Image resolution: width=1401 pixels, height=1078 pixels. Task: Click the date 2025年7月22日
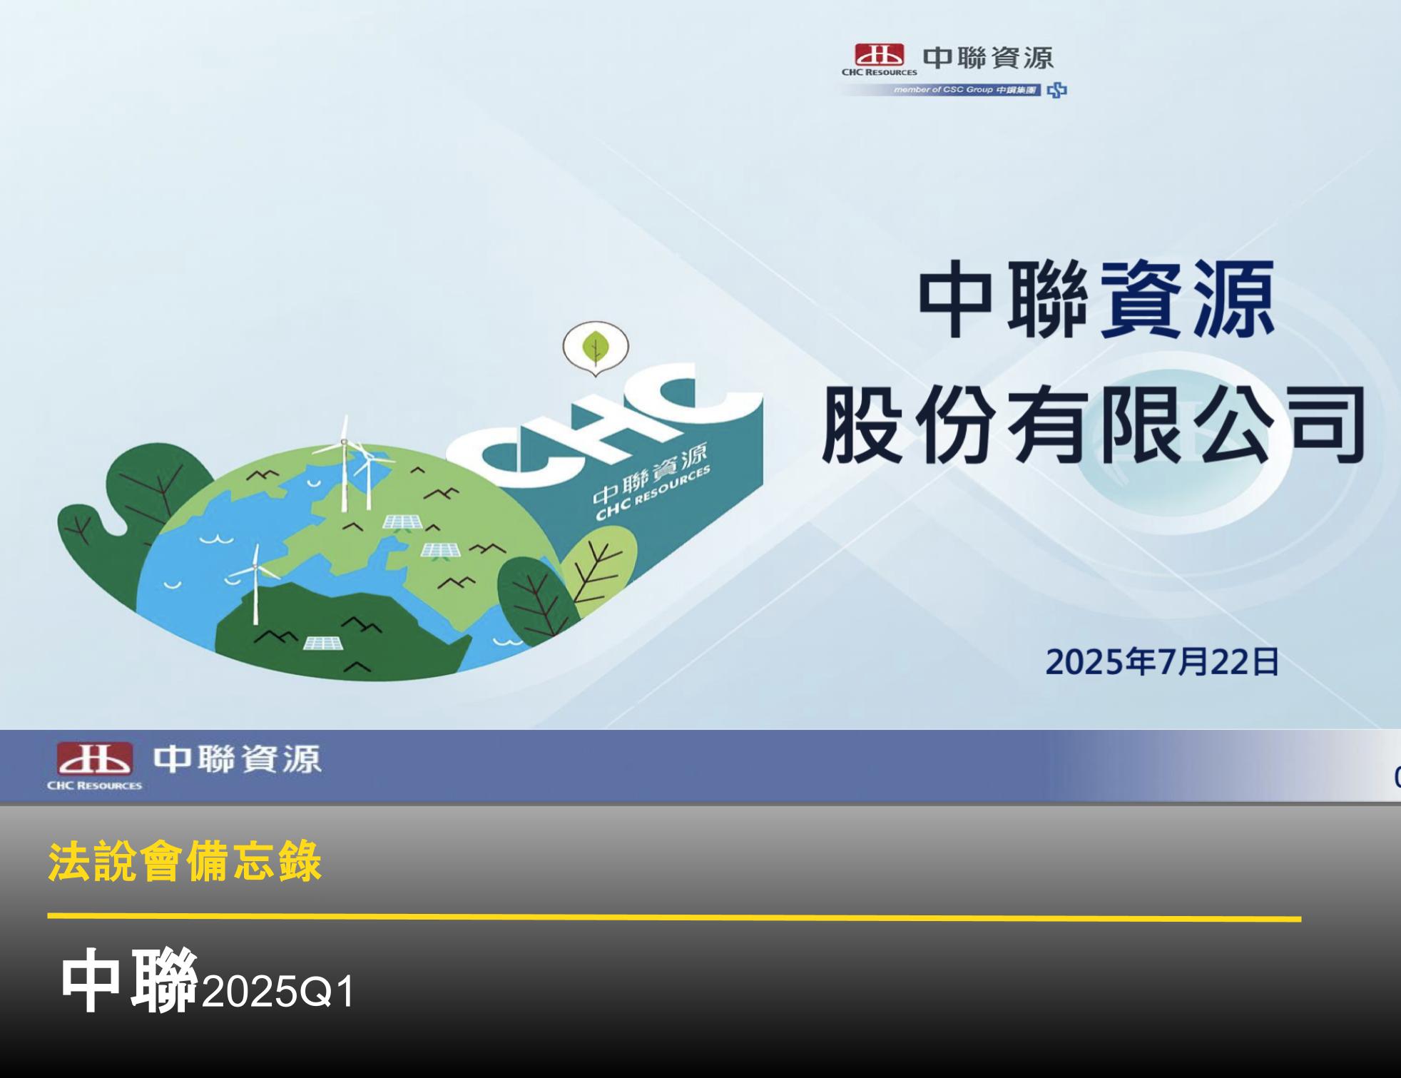tap(1162, 662)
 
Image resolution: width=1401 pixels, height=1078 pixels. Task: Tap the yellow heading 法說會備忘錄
tap(185, 862)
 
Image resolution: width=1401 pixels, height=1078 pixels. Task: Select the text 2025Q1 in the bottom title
tap(278, 992)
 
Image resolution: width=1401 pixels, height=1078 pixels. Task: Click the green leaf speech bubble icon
tap(596, 349)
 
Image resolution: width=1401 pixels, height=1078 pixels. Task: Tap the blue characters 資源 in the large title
tap(1186, 300)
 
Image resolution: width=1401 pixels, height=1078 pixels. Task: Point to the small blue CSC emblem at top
tap(1057, 90)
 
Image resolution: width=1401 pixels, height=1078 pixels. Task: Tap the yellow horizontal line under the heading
tap(674, 917)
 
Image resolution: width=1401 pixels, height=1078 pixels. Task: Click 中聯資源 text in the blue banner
tap(238, 758)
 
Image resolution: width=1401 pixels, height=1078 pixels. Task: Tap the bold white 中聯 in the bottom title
tap(128, 981)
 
